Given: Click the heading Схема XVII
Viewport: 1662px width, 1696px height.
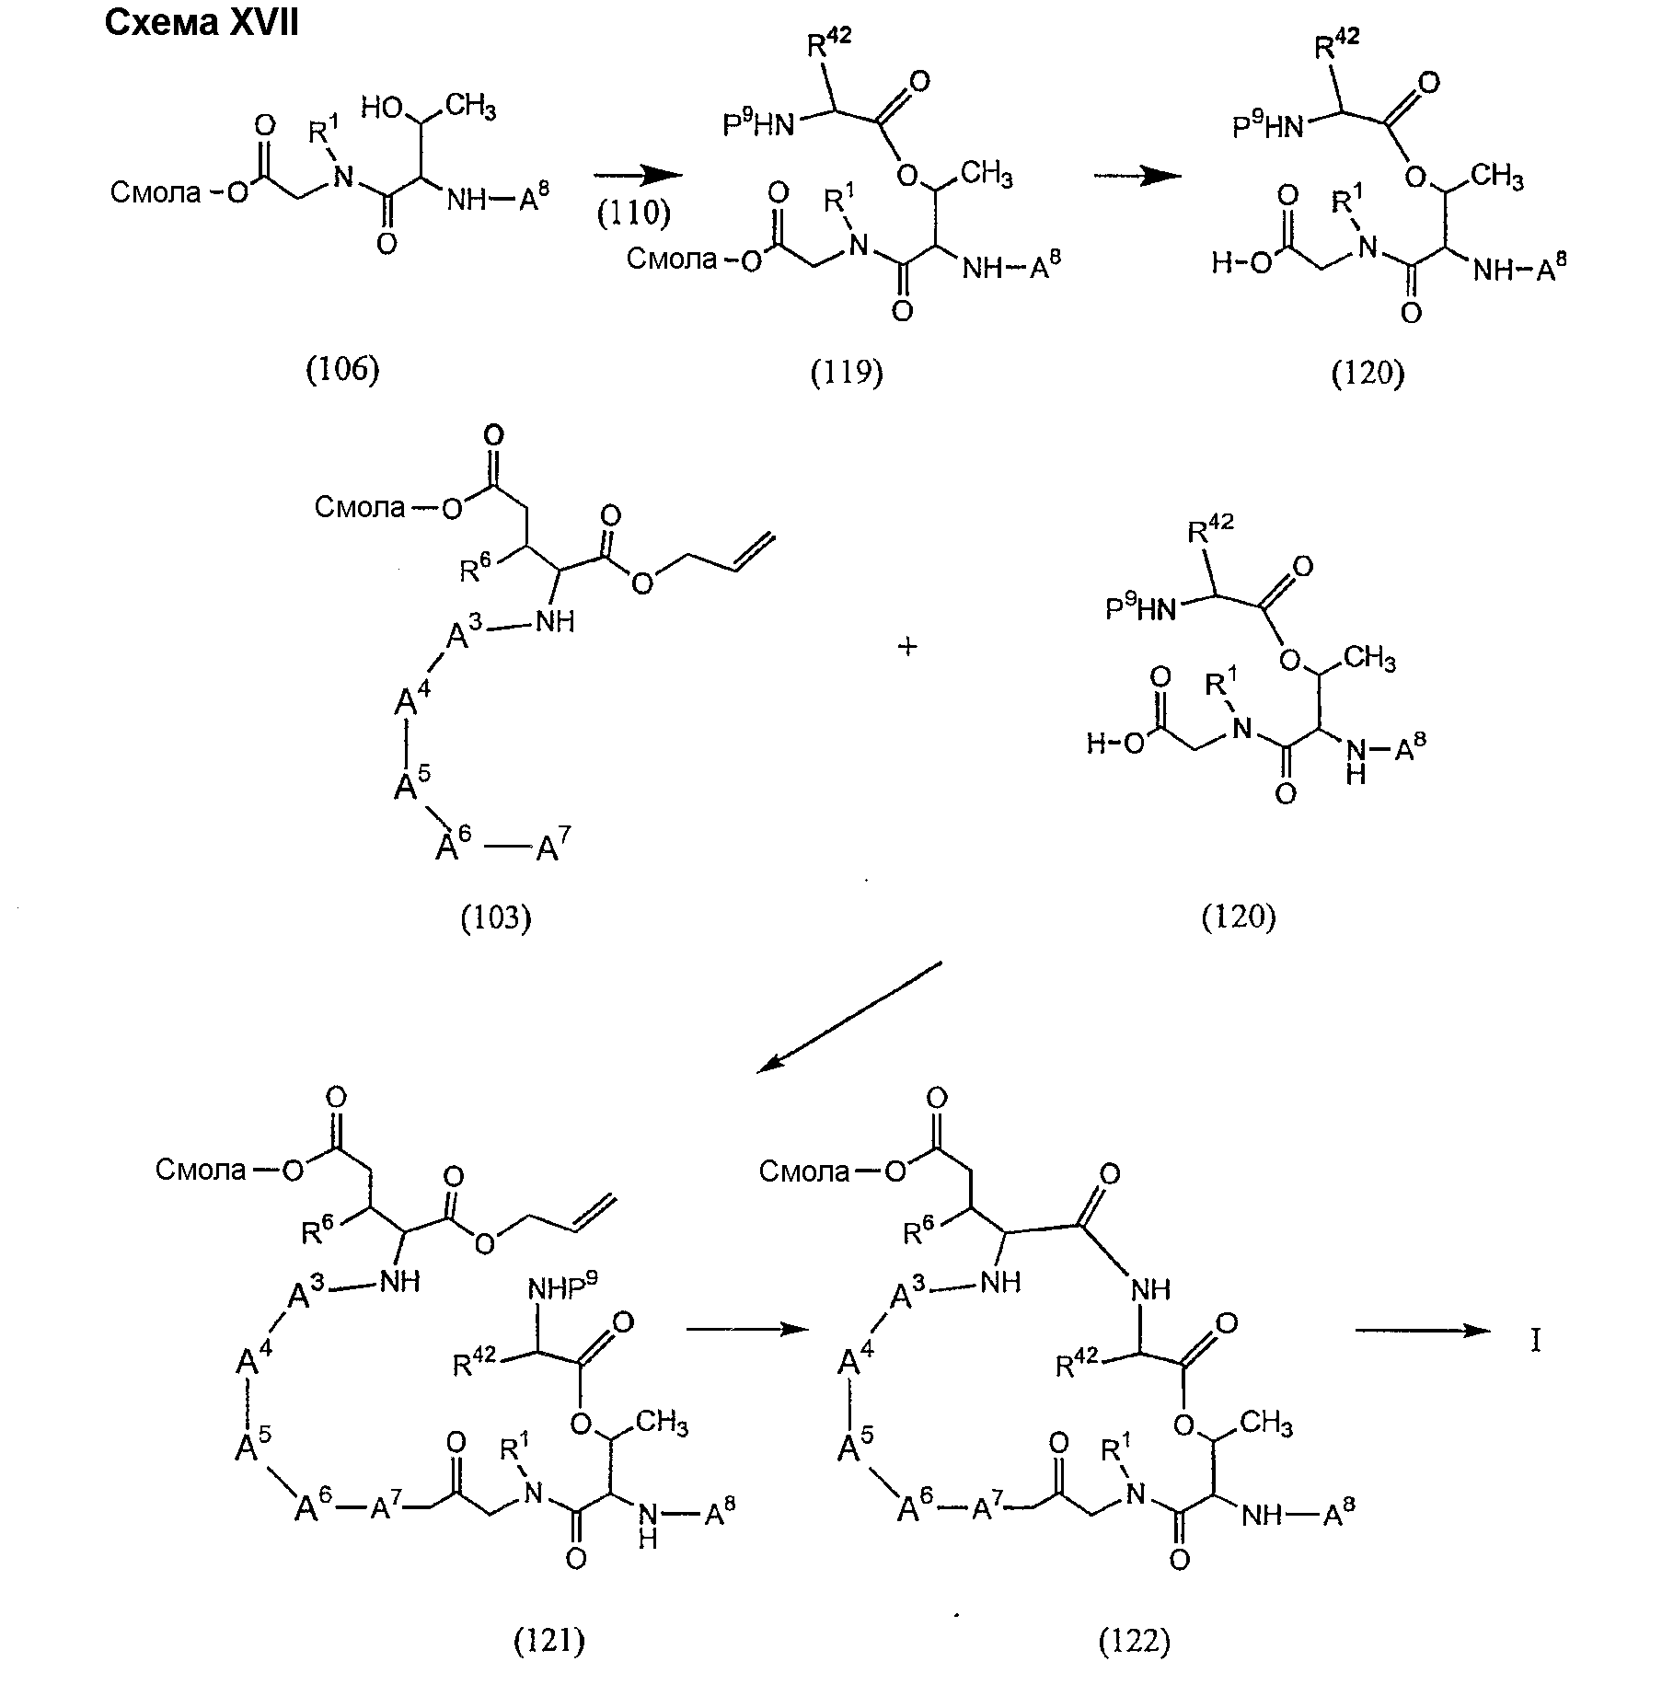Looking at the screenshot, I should [202, 23].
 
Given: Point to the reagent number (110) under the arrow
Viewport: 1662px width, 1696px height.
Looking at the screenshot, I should [634, 213].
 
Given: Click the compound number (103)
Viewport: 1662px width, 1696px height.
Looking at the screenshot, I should [496, 917].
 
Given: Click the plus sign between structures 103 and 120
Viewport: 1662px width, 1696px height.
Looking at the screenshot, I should [907, 647].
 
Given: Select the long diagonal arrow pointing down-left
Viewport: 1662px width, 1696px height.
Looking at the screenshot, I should [849, 1017].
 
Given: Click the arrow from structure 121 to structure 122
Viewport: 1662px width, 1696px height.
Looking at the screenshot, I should [746, 1329].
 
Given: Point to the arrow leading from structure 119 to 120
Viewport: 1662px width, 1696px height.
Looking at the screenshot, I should [1138, 176].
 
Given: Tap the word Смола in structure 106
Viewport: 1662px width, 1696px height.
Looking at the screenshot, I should [155, 192].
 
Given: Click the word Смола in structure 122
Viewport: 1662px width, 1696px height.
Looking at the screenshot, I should [803, 1171].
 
